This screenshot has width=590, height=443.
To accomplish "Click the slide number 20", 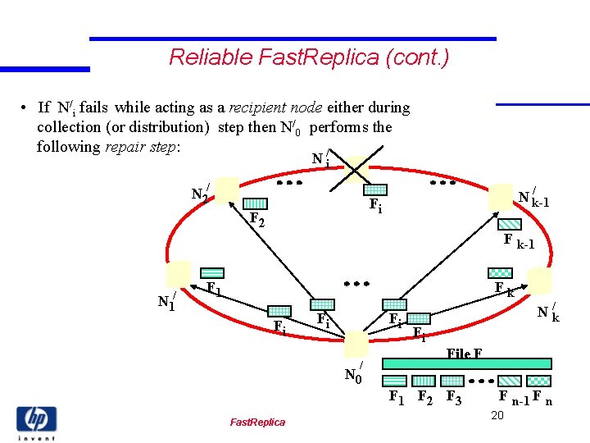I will (x=497, y=416).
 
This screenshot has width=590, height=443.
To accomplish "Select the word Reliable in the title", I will (x=202, y=57).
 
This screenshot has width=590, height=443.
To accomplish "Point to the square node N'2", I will (x=227, y=190).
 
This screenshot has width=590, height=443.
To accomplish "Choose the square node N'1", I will (x=178, y=274).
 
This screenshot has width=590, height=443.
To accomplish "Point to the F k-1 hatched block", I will (x=510, y=223).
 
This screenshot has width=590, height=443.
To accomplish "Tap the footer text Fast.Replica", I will (x=257, y=422).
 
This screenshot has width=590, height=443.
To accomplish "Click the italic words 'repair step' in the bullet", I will (x=140, y=147).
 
